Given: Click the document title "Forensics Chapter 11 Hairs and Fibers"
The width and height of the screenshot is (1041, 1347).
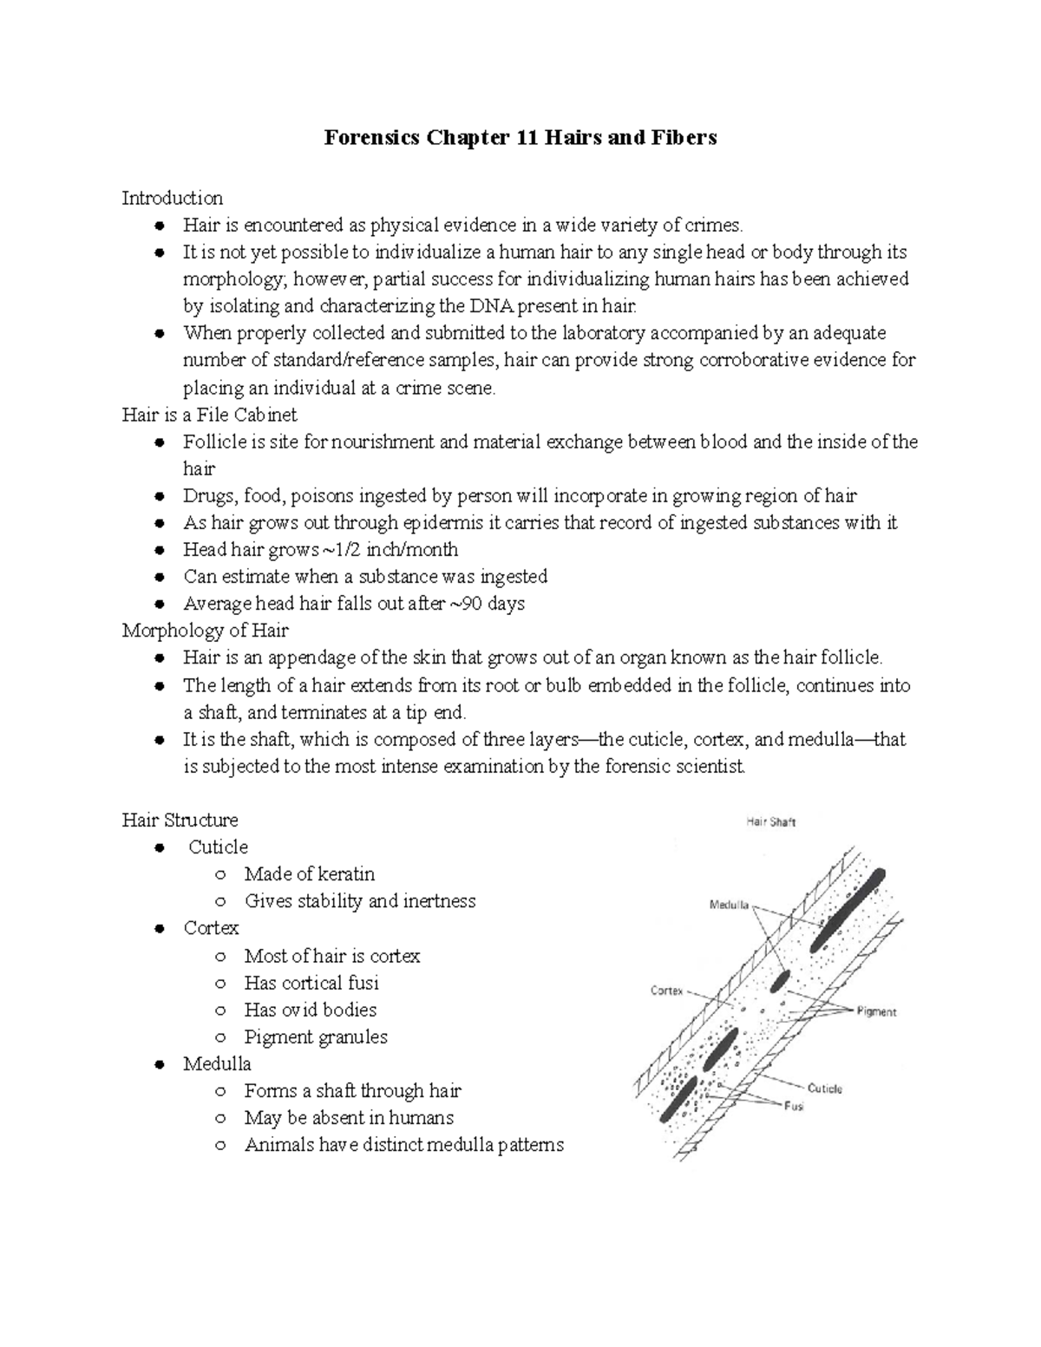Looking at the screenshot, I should (x=520, y=137).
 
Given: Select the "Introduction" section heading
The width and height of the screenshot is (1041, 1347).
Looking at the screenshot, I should (x=172, y=198).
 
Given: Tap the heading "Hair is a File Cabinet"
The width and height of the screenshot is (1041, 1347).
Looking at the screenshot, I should (x=209, y=415).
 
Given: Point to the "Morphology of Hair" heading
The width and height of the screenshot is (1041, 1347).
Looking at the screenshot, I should (x=205, y=630).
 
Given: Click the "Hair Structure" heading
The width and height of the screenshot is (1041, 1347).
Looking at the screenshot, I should (x=180, y=820).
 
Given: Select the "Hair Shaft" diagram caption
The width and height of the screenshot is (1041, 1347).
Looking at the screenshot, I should (x=770, y=822).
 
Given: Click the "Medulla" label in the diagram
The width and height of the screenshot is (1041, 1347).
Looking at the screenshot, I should (x=729, y=905).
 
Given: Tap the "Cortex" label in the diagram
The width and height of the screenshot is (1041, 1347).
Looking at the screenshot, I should (x=667, y=991).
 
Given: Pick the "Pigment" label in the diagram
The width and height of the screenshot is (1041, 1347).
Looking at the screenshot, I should (x=876, y=1012).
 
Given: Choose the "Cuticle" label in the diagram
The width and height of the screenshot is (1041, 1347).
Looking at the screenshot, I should (x=824, y=1089).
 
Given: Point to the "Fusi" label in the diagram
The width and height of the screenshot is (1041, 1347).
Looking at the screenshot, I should (x=793, y=1107).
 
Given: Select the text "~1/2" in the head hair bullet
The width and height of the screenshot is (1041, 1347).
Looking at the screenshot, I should (x=342, y=550).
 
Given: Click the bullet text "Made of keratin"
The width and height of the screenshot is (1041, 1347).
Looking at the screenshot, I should (x=309, y=874).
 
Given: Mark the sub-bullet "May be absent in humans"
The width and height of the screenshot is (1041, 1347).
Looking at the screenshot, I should (x=349, y=1118).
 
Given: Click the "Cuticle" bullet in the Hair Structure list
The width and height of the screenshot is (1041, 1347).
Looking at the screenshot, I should (x=218, y=847).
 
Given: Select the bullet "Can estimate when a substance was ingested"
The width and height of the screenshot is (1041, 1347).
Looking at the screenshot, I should (x=364, y=577).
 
